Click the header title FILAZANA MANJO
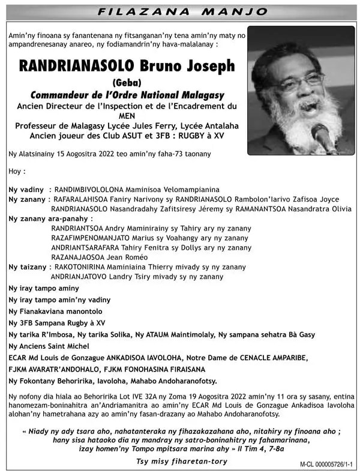[x=182, y=11]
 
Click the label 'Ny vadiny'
[x=26, y=189]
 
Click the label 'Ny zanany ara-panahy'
[x=47, y=218]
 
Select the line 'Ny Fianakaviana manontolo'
[x=55, y=312]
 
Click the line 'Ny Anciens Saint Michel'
[x=49, y=346]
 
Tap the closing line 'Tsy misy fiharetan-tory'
[x=182, y=461]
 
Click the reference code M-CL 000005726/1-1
[x=328, y=465]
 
